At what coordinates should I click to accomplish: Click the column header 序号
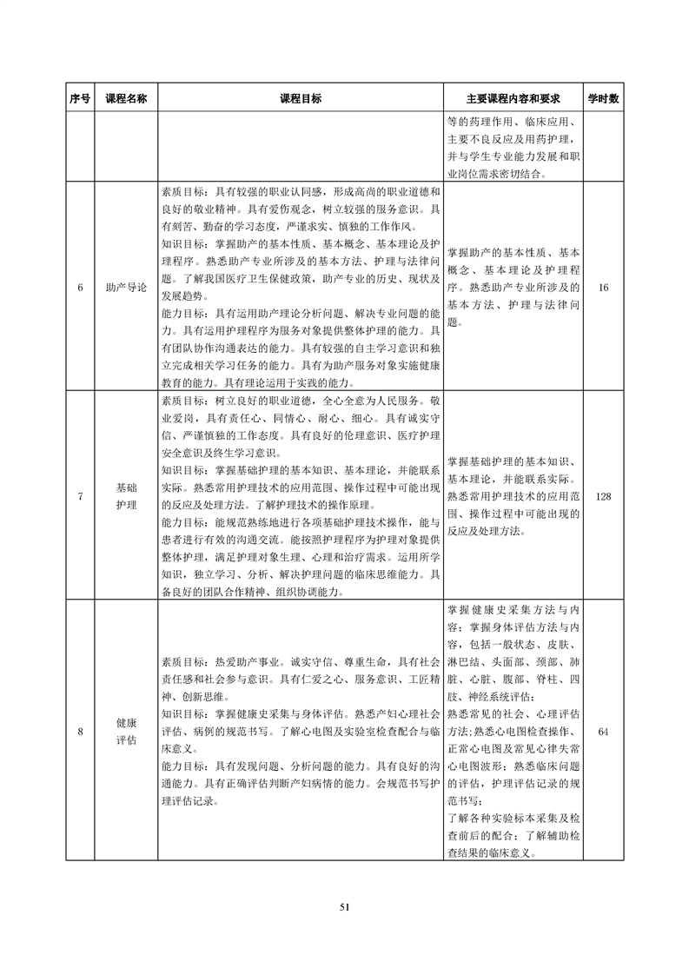[80, 99]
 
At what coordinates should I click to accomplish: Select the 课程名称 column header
[126, 99]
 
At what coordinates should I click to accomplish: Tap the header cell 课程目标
[300, 99]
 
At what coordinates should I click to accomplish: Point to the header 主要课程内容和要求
[513, 99]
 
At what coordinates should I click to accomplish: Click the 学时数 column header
[603, 99]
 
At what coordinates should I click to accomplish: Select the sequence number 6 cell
[80, 287]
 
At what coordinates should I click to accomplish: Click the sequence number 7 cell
[80, 496]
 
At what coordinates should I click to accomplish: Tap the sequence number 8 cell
[80, 731]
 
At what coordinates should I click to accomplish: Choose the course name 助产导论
[126, 287]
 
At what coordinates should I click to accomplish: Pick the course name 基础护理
[126, 496]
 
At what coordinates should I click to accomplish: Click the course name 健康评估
[126, 731]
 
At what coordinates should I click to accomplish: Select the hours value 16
[603, 287]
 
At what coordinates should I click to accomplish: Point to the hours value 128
[603, 496]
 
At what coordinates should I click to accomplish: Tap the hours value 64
[603, 731]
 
